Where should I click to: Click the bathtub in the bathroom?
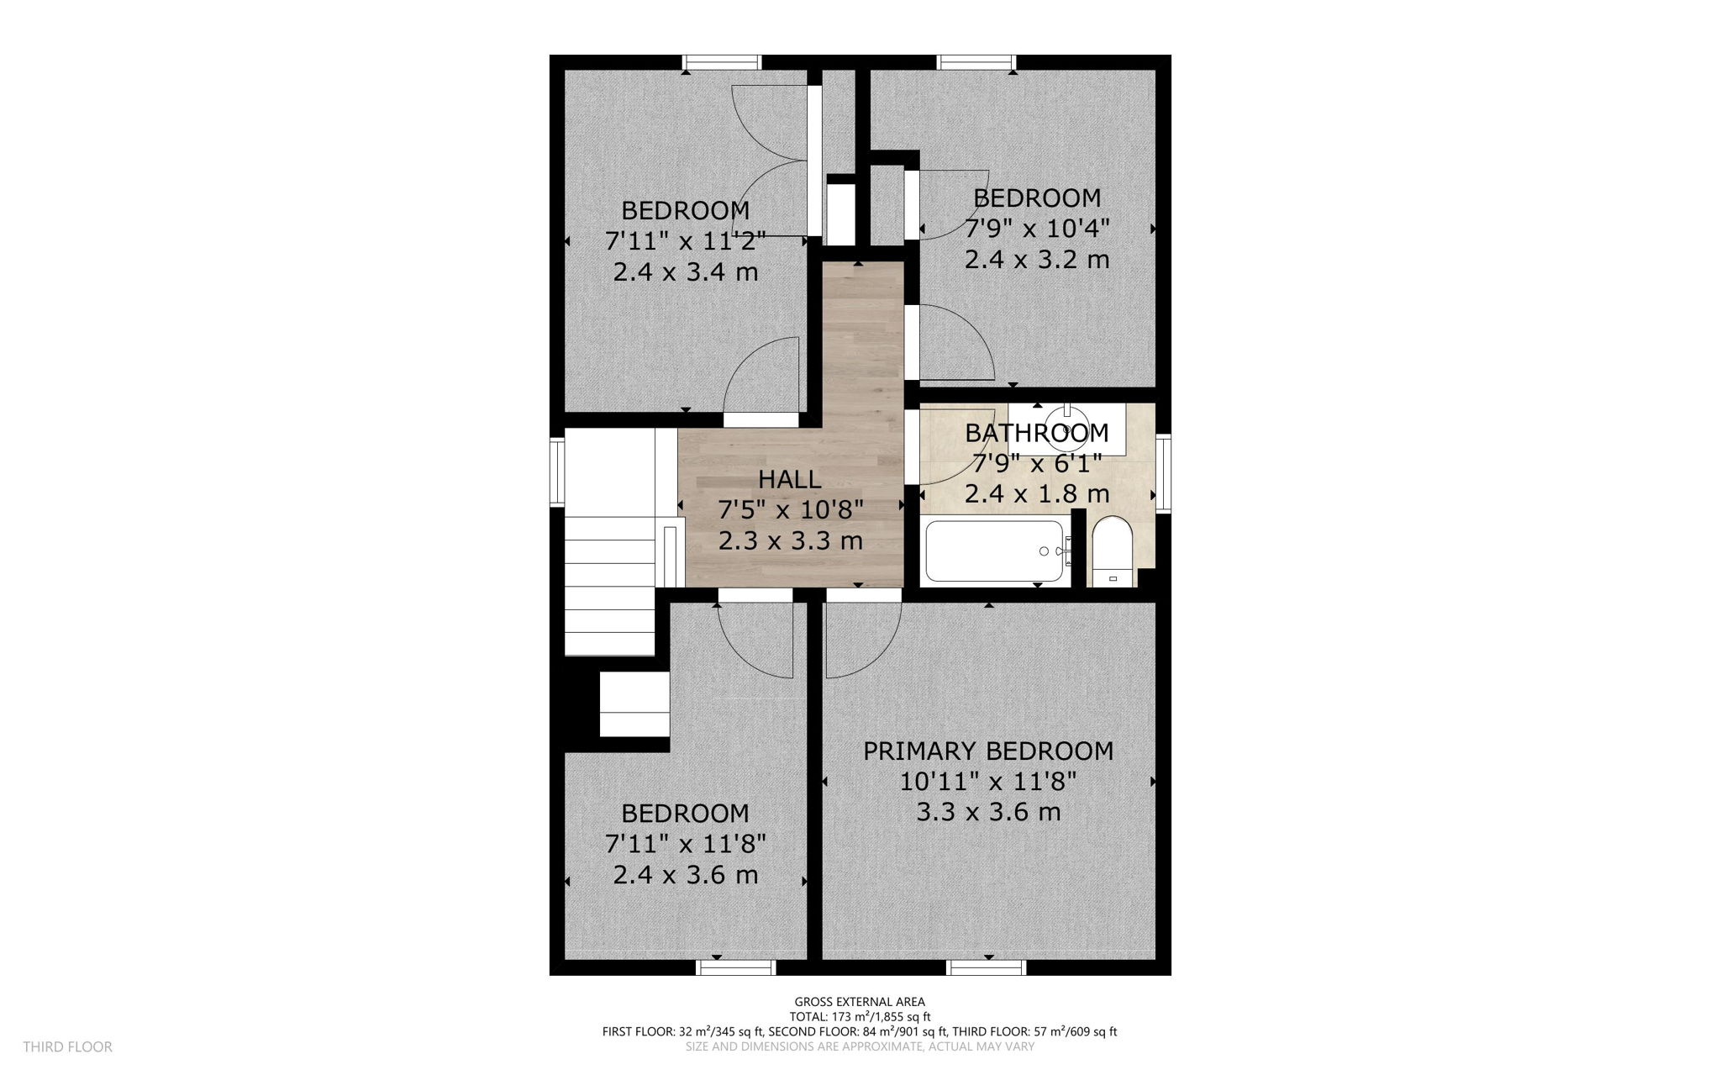click(x=993, y=551)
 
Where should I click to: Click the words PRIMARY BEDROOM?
click(x=988, y=751)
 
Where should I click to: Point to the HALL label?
click(x=789, y=479)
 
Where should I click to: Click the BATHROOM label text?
click(x=1036, y=433)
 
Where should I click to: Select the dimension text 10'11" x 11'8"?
click(x=988, y=782)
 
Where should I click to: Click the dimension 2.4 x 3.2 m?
click(x=1036, y=260)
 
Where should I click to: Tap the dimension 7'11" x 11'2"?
click(x=685, y=242)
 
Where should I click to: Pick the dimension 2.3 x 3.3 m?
click(x=790, y=540)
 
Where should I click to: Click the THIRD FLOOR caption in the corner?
click(x=67, y=1046)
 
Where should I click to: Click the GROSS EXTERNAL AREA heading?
click(x=860, y=1001)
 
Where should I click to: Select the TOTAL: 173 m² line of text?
click(x=860, y=1016)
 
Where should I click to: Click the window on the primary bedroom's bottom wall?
click(x=987, y=967)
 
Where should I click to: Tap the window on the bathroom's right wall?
click(x=1163, y=473)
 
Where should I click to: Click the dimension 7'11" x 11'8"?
click(x=685, y=844)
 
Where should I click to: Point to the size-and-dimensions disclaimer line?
click(x=860, y=1046)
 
